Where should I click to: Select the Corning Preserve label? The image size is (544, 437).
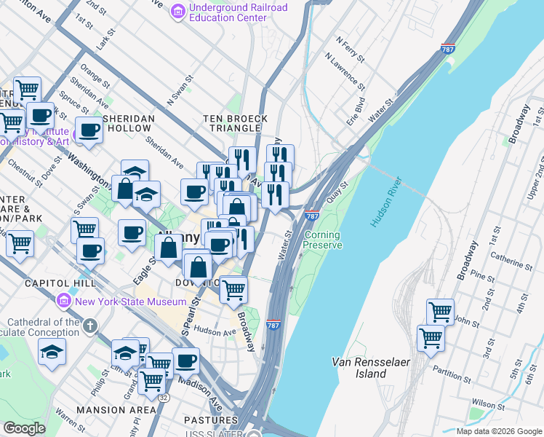[x=322, y=240]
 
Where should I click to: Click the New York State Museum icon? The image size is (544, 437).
[x=64, y=301]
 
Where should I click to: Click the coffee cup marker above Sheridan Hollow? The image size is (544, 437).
[x=89, y=130]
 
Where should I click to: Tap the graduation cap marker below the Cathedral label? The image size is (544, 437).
[x=52, y=352]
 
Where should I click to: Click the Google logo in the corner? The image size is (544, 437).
[x=25, y=428]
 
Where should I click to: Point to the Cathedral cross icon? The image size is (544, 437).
[x=89, y=326]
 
